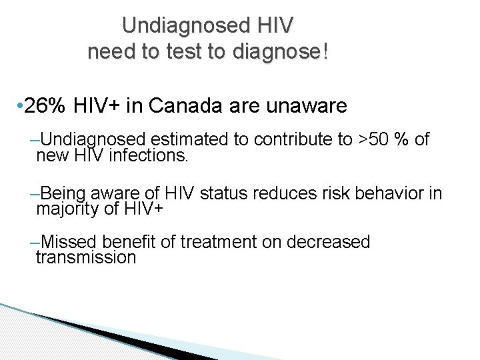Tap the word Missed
(70, 241)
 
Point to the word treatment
(225, 241)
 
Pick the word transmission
(86, 257)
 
